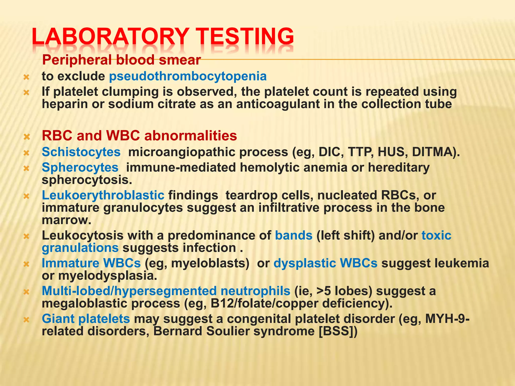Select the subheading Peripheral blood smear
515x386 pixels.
121,60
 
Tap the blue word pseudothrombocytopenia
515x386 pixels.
188,76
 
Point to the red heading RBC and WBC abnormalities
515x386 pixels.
139,136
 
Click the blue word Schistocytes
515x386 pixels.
81,152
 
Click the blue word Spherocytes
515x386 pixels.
80,167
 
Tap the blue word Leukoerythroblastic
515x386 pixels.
103,195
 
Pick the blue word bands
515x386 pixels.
294,235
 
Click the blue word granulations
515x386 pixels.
80,248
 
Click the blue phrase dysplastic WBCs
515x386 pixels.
325,263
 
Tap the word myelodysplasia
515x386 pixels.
108,276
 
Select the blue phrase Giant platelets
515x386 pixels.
86,319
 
